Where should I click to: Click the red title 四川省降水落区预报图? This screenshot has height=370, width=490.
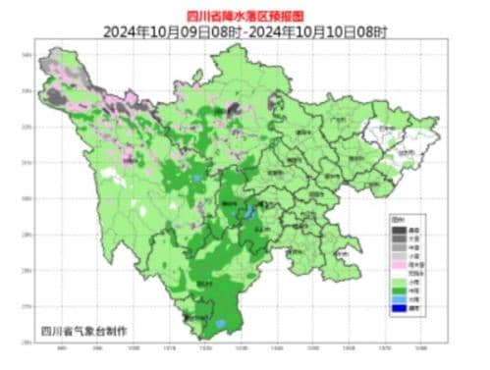click(245, 15)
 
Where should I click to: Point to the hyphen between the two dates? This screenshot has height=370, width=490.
click(245, 31)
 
